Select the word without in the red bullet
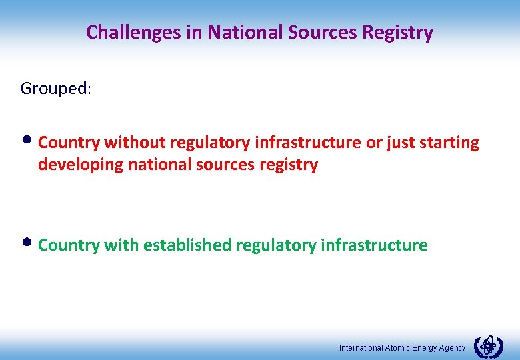tap(135, 143)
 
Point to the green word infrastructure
tap(374, 245)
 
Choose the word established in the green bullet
tap(187, 245)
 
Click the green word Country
tap(69, 245)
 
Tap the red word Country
tap(69, 143)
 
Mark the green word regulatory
tap(275, 245)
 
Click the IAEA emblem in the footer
tap(488, 347)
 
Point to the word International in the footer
tap(361, 348)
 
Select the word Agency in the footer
tap(452, 348)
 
